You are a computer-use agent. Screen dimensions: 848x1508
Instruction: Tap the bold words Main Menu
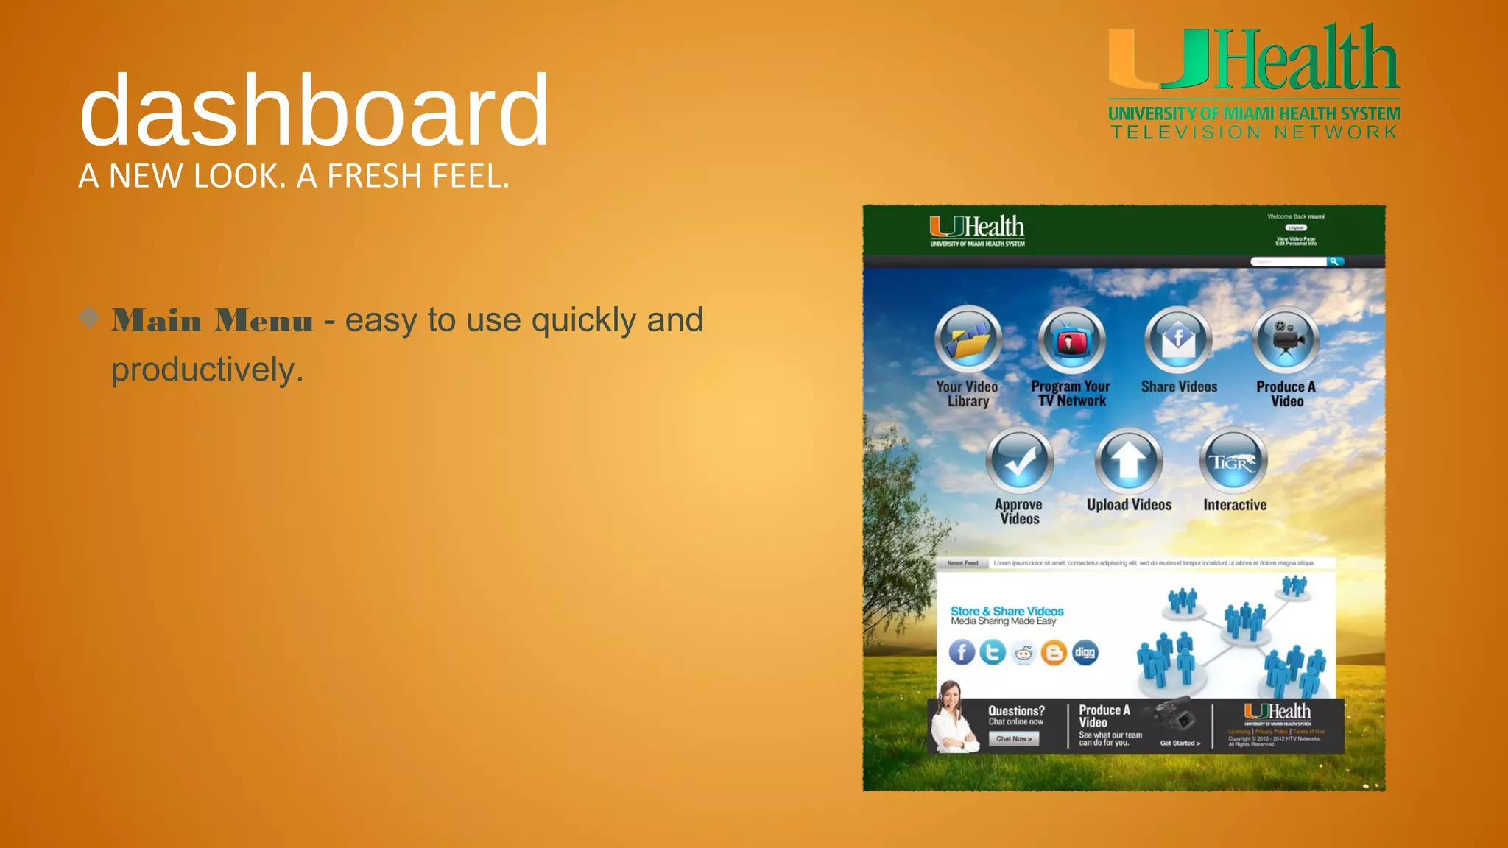[213, 321]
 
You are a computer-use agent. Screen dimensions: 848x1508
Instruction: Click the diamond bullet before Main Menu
[89, 318]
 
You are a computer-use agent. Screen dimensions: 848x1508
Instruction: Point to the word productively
[207, 370]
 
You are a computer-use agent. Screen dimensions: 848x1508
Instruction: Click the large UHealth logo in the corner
[1253, 81]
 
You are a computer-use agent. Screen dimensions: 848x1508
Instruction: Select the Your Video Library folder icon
[968, 339]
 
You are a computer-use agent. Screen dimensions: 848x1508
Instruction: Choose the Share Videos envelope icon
[1178, 339]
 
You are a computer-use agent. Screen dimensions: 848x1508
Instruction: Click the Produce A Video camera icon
[1286, 339]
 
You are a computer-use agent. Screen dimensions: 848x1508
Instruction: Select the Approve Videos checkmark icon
[1020, 461]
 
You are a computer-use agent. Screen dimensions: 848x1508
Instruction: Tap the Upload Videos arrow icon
[1129, 461]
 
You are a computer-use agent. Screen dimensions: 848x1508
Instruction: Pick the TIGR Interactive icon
[1234, 461]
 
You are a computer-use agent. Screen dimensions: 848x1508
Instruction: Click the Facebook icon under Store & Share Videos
[962, 652]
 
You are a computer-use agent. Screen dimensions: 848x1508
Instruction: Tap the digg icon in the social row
[1085, 652]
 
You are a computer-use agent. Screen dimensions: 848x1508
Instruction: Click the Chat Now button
[1014, 738]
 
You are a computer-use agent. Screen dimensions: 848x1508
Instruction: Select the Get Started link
[1180, 743]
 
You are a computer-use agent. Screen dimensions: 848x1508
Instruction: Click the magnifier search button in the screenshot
[1335, 261]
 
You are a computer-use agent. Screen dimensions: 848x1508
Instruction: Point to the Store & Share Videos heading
[1007, 611]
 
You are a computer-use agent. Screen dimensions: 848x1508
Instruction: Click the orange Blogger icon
[1054, 652]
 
